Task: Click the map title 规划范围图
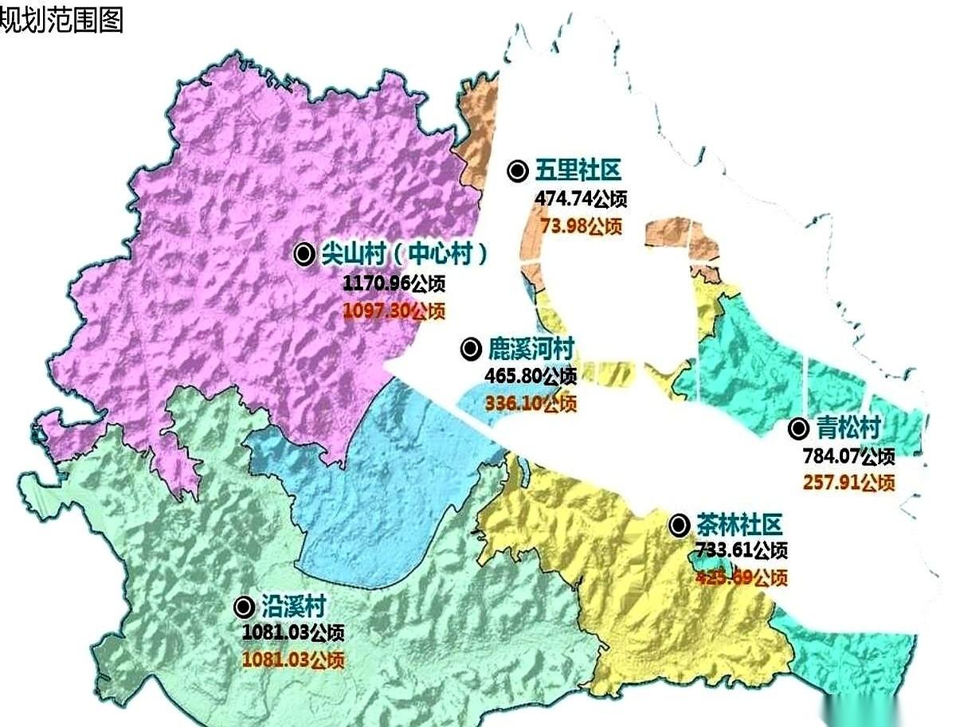click(x=62, y=20)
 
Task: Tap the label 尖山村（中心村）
click(x=403, y=254)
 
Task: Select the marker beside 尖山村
click(x=304, y=254)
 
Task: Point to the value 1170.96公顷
click(x=394, y=283)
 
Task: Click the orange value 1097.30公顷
click(x=394, y=311)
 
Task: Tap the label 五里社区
click(x=578, y=170)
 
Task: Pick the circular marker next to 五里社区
click(x=519, y=170)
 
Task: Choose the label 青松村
click(x=848, y=428)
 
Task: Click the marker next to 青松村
click(x=798, y=429)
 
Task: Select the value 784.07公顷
click(x=848, y=456)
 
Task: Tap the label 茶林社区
click(x=739, y=524)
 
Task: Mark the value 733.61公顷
click(x=741, y=550)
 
